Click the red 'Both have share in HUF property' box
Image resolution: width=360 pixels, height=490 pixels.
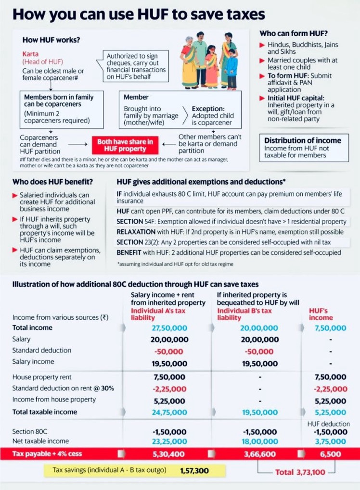[x=125, y=145]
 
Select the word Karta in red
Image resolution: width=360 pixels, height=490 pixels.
[x=32, y=54]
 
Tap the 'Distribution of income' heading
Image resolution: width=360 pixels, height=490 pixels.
[x=302, y=140]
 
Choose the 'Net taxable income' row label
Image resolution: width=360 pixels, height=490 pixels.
[x=40, y=441]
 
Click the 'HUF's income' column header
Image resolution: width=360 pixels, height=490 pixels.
[x=321, y=314]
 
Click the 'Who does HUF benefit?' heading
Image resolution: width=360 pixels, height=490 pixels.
[x=52, y=182]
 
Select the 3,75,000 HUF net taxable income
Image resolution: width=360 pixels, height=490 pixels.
[x=333, y=441]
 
